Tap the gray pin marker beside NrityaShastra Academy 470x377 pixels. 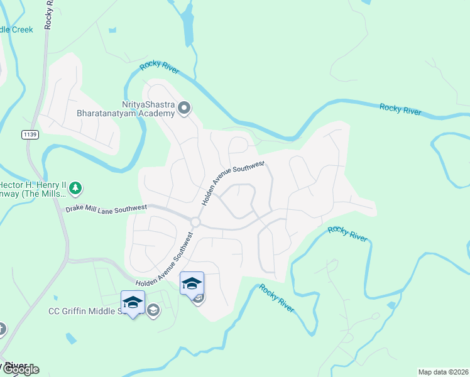184,109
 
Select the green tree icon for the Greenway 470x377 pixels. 75,187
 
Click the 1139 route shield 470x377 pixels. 30,134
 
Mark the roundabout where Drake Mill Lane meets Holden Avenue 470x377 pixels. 195,222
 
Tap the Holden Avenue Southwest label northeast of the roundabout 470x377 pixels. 232,182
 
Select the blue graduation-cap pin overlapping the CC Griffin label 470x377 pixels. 133,302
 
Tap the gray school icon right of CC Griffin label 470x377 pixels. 153,309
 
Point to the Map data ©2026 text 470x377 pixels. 443,372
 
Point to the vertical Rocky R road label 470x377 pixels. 49,14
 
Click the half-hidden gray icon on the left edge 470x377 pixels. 3,329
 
